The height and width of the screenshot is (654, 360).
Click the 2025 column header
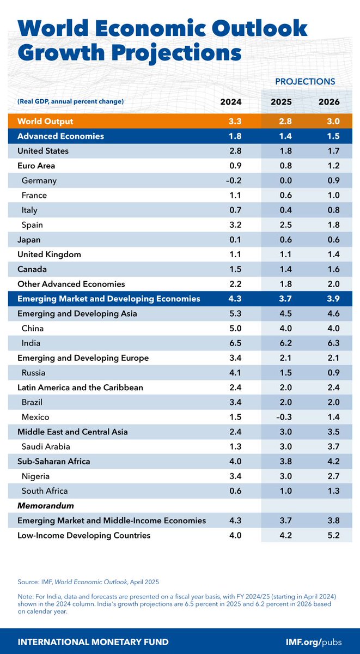pos(282,101)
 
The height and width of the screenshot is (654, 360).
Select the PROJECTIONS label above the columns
pos(304,81)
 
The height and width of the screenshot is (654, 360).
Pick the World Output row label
pos(45,121)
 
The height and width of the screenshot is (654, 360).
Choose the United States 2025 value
pos(282,151)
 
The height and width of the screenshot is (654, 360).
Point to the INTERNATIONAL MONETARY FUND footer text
pos(93,641)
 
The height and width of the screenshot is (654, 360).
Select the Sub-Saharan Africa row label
pos(54,461)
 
